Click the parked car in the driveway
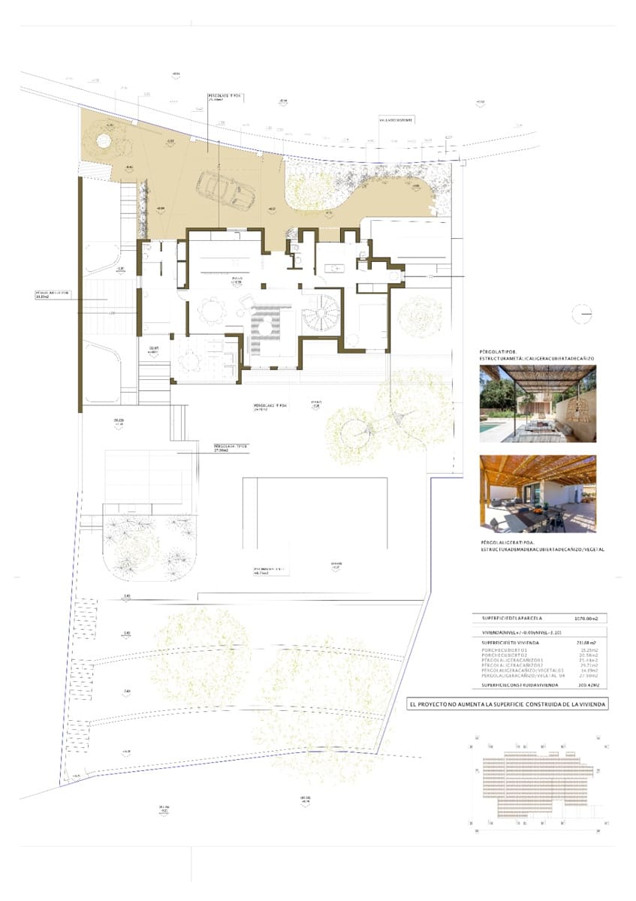click(x=225, y=188)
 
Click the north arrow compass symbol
click(x=583, y=314)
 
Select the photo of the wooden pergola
click(x=538, y=494)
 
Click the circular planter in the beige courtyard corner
click(x=103, y=140)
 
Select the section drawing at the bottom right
click(x=535, y=785)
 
